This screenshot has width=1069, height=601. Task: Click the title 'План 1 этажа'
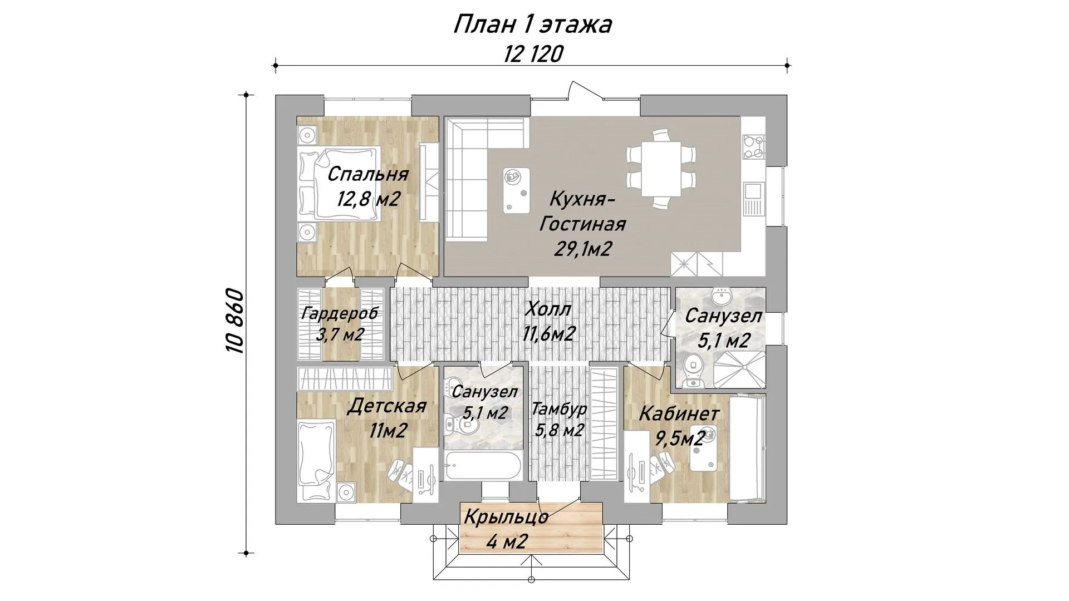[x=533, y=25]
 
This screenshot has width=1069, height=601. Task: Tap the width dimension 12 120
[x=533, y=55]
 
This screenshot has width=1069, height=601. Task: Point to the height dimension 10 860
[x=235, y=321]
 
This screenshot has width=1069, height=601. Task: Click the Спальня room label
[x=367, y=174]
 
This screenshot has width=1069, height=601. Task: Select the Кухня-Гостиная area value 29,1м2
[x=582, y=249]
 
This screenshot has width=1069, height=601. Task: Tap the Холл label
[x=548, y=309]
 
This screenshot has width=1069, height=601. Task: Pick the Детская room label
[x=386, y=406]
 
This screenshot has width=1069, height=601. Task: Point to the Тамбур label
[x=559, y=410]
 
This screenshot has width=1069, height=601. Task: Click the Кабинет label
[x=679, y=414]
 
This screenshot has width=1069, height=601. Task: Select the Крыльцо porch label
[x=506, y=518]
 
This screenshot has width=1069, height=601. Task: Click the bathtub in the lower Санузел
[x=483, y=465]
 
